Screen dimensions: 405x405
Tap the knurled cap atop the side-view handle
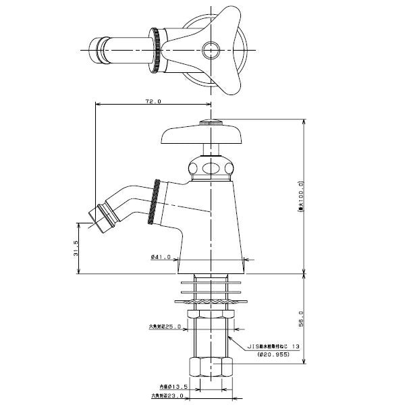[211, 123]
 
